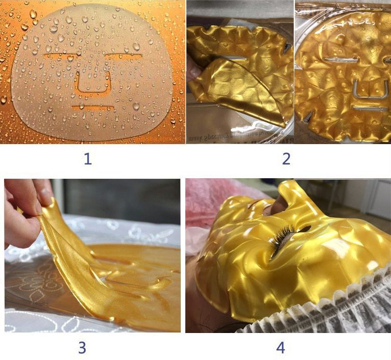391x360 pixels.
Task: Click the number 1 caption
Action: [88, 159]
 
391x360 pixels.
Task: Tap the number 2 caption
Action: [286, 159]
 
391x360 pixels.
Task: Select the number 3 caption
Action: [82, 348]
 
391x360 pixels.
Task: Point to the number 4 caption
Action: [281, 348]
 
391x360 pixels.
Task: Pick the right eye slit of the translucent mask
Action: [125, 56]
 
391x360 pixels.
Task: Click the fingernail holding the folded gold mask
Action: [194, 72]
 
